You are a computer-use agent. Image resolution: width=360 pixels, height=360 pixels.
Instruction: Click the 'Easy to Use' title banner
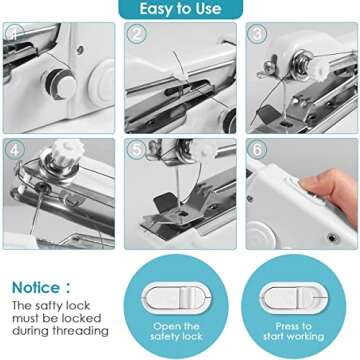tap(181, 10)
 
